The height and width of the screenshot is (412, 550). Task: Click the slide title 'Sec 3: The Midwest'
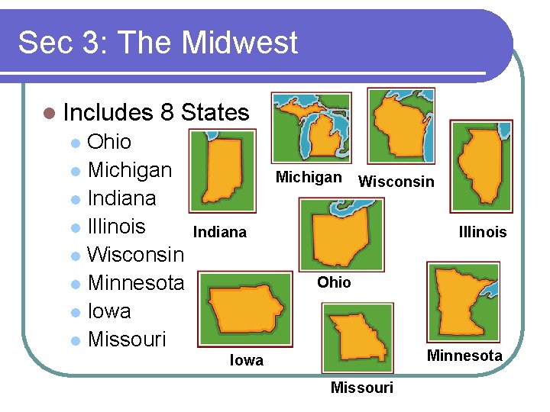coord(157,43)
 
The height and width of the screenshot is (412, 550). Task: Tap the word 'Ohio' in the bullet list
coord(109,142)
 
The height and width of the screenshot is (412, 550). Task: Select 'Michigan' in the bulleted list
coord(130,170)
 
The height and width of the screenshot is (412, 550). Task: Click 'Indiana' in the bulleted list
coord(121,198)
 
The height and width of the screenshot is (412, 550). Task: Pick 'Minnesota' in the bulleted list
coord(136,283)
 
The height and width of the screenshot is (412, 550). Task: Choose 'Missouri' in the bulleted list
coord(127,340)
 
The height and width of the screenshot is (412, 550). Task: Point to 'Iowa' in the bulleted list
coord(109,311)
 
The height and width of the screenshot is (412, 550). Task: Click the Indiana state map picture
coord(223,170)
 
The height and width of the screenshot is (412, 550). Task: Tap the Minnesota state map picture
coord(463,301)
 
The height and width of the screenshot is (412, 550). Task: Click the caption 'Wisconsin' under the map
coord(396,182)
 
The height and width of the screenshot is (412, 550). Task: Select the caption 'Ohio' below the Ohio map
coord(334,282)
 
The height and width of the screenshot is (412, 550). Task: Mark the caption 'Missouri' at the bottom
coord(361,388)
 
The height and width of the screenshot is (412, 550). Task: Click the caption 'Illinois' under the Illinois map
coord(482,232)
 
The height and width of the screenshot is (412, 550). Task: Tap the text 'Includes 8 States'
coord(157,113)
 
